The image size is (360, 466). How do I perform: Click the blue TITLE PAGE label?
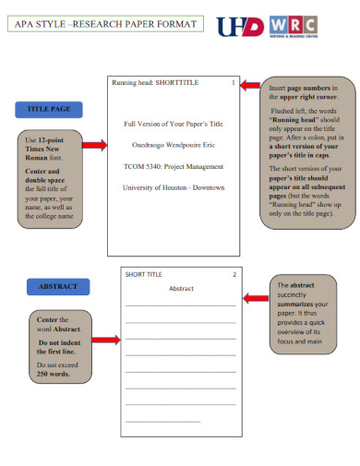coord(48,110)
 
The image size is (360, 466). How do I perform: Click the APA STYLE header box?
coord(102,24)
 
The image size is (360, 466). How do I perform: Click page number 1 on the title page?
coord(233,83)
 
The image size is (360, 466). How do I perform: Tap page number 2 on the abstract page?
coord(234,274)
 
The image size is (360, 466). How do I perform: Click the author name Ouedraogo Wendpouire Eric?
coord(174,145)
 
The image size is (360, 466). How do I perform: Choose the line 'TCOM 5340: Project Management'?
coord(174,166)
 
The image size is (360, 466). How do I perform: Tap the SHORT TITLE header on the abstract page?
coord(143,274)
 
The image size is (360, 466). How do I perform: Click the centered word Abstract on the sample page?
coord(181,289)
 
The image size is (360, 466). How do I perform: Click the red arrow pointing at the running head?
coord(249,85)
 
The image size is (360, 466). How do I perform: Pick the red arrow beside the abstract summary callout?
coord(255,298)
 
